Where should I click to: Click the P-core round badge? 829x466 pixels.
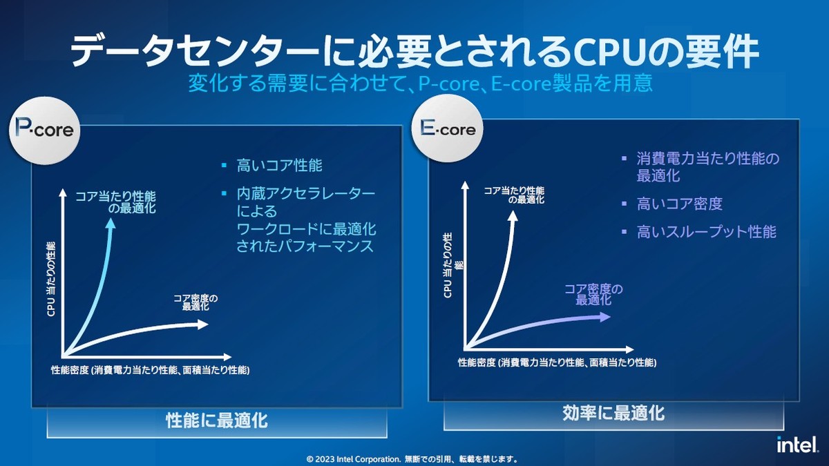[x=44, y=130]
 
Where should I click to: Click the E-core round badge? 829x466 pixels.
[x=448, y=128]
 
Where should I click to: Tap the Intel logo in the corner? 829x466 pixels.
[x=797, y=444]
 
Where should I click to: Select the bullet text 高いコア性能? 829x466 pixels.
[x=279, y=165]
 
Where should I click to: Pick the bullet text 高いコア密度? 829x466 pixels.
[x=680, y=204]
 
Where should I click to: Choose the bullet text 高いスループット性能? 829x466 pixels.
[x=707, y=232]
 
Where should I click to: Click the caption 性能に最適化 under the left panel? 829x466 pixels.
[x=217, y=420]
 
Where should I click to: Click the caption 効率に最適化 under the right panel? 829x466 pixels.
[x=613, y=413]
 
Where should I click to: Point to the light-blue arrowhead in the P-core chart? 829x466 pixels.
[x=111, y=223]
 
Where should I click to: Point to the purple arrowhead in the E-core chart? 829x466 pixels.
[x=604, y=317]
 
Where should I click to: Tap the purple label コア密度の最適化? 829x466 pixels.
[x=593, y=294]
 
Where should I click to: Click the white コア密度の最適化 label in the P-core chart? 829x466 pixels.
[x=196, y=302]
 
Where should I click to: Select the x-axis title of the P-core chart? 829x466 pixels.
[x=151, y=370]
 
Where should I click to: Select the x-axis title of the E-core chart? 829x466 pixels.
[x=558, y=362]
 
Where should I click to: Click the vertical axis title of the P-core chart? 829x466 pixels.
[x=51, y=279]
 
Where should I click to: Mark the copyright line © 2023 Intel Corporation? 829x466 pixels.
[x=412, y=459]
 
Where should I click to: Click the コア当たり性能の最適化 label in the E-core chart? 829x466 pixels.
[x=515, y=195]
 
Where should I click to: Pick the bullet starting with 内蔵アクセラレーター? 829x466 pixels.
[x=306, y=220]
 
